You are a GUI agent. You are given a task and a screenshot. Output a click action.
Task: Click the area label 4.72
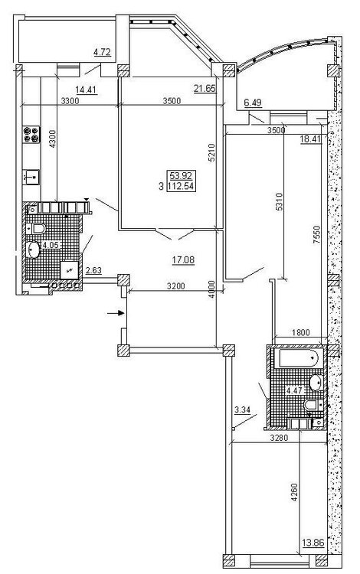pyautogui.click(x=102, y=52)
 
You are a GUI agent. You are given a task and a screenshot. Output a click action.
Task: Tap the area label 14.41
pyautogui.click(x=86, y=90)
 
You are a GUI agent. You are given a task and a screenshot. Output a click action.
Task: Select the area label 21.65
pyautogui.click(x=205, y=88)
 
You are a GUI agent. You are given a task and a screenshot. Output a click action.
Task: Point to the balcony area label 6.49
pyautogui.click(x=253, y=103)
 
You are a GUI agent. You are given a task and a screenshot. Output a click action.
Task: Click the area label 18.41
pyautogui.click(x=310, y=139)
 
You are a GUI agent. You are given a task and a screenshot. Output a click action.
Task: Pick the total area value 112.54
pyautogui.click(x=181, y=186)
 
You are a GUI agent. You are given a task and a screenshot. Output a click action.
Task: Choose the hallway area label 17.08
pyautogui.click(x=183, y=260)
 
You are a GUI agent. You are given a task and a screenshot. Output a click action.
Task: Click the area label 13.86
pyautogui.click(x=313, y=543)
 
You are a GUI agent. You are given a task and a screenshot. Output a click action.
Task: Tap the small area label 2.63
pyautogui.click(x=93, y=270)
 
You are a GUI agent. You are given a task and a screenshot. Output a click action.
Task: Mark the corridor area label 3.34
pyautogui.click(x=242, y=409)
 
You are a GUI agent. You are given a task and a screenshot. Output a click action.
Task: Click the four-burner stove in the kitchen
pyautogui.click(x=31, y=135)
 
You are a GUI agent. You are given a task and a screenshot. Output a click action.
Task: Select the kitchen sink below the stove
pyautogui.click(x=31, y=178)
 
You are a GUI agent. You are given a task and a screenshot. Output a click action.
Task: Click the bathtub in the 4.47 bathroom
pyautogui.click(x=299, y=358)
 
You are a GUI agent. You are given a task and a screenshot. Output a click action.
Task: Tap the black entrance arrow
pyautogui.click(x=116, y=313)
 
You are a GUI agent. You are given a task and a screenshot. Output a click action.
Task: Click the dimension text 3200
pyautogui.click(x=176, y=286)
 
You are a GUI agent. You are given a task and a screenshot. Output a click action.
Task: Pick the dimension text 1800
pyautogui.click(x=301, y=333)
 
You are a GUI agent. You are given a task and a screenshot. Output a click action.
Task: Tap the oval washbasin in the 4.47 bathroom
pyautogui.click(x=316, y=383)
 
